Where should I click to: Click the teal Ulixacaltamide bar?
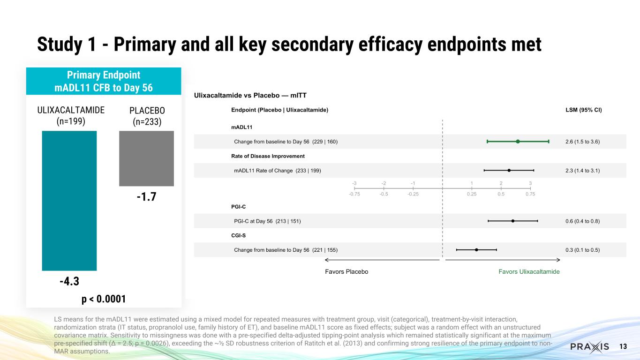69,200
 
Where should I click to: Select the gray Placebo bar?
146,158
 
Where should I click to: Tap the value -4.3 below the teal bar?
69,282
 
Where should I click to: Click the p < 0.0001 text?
104,299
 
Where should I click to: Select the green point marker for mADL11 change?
518,142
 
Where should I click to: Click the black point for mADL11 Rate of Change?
509,170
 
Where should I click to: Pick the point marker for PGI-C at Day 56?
513,221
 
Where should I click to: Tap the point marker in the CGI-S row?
476,250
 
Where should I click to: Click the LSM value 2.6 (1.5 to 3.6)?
583,142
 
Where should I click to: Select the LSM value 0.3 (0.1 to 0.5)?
583,250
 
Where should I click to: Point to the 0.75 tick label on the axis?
530,194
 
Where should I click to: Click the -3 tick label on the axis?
354,183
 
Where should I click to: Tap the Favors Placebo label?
346,272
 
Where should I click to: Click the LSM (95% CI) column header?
584,110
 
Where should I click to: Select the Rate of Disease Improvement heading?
268,156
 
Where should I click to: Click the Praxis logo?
589,347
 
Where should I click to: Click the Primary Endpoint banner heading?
104,81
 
